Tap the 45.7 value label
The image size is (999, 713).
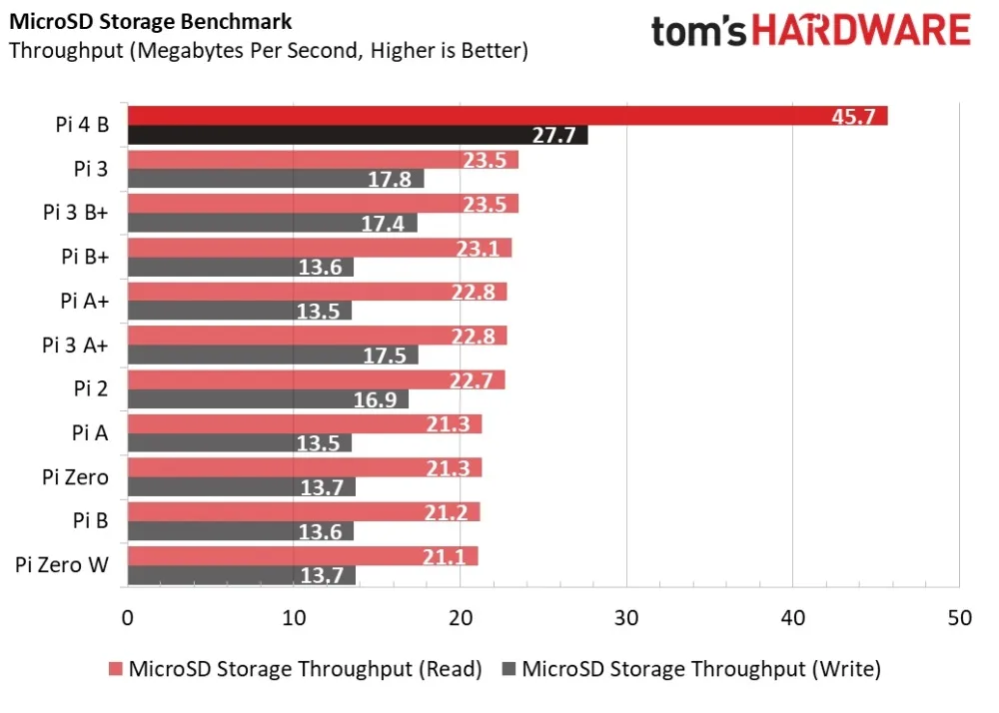click(x=853, y=116)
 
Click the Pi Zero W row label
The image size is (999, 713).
click(x=62, y=565)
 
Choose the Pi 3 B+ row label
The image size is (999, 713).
click(x=75, y=213)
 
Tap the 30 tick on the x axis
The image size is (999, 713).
click(x=626, y=618)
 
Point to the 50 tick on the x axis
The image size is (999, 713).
click(x=958, y=618)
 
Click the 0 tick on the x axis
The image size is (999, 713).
click(x=127, y=618)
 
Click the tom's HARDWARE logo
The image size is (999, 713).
click(x=810, y=32)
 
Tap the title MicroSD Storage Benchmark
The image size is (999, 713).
click(x=150, y=22)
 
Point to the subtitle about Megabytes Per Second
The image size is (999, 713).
click(x=269, y=50)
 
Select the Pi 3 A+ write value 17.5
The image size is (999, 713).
click(x=384, y=356)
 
